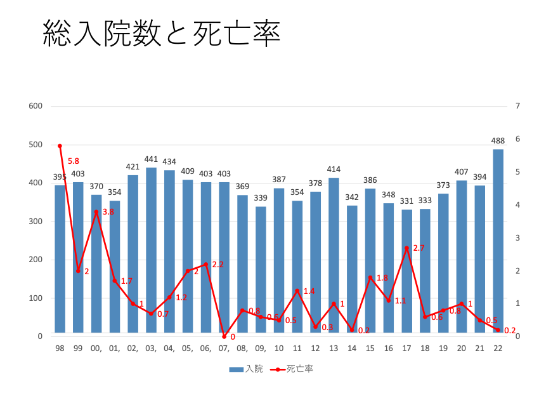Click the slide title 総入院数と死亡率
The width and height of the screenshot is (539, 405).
point(161,34)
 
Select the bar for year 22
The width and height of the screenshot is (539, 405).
point(498,241)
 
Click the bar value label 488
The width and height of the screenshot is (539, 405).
point(498,141)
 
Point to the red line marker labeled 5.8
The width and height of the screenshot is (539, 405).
point(60,146)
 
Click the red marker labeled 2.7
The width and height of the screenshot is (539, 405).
point(406,248)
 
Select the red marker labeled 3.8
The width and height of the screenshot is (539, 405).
point(96,211)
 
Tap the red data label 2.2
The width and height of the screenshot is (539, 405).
point(218,264)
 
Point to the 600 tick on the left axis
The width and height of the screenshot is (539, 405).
point(36,106)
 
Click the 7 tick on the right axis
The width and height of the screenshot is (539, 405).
point(517,106)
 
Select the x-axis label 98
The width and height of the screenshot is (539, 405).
point(60,349)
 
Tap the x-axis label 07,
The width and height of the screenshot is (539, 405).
point(224,349)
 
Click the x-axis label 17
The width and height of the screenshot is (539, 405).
point(406,349)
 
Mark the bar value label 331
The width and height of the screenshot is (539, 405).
point(406,201)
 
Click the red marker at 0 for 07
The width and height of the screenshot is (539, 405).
point(224,336)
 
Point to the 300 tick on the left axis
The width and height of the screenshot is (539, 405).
point(36,221)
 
